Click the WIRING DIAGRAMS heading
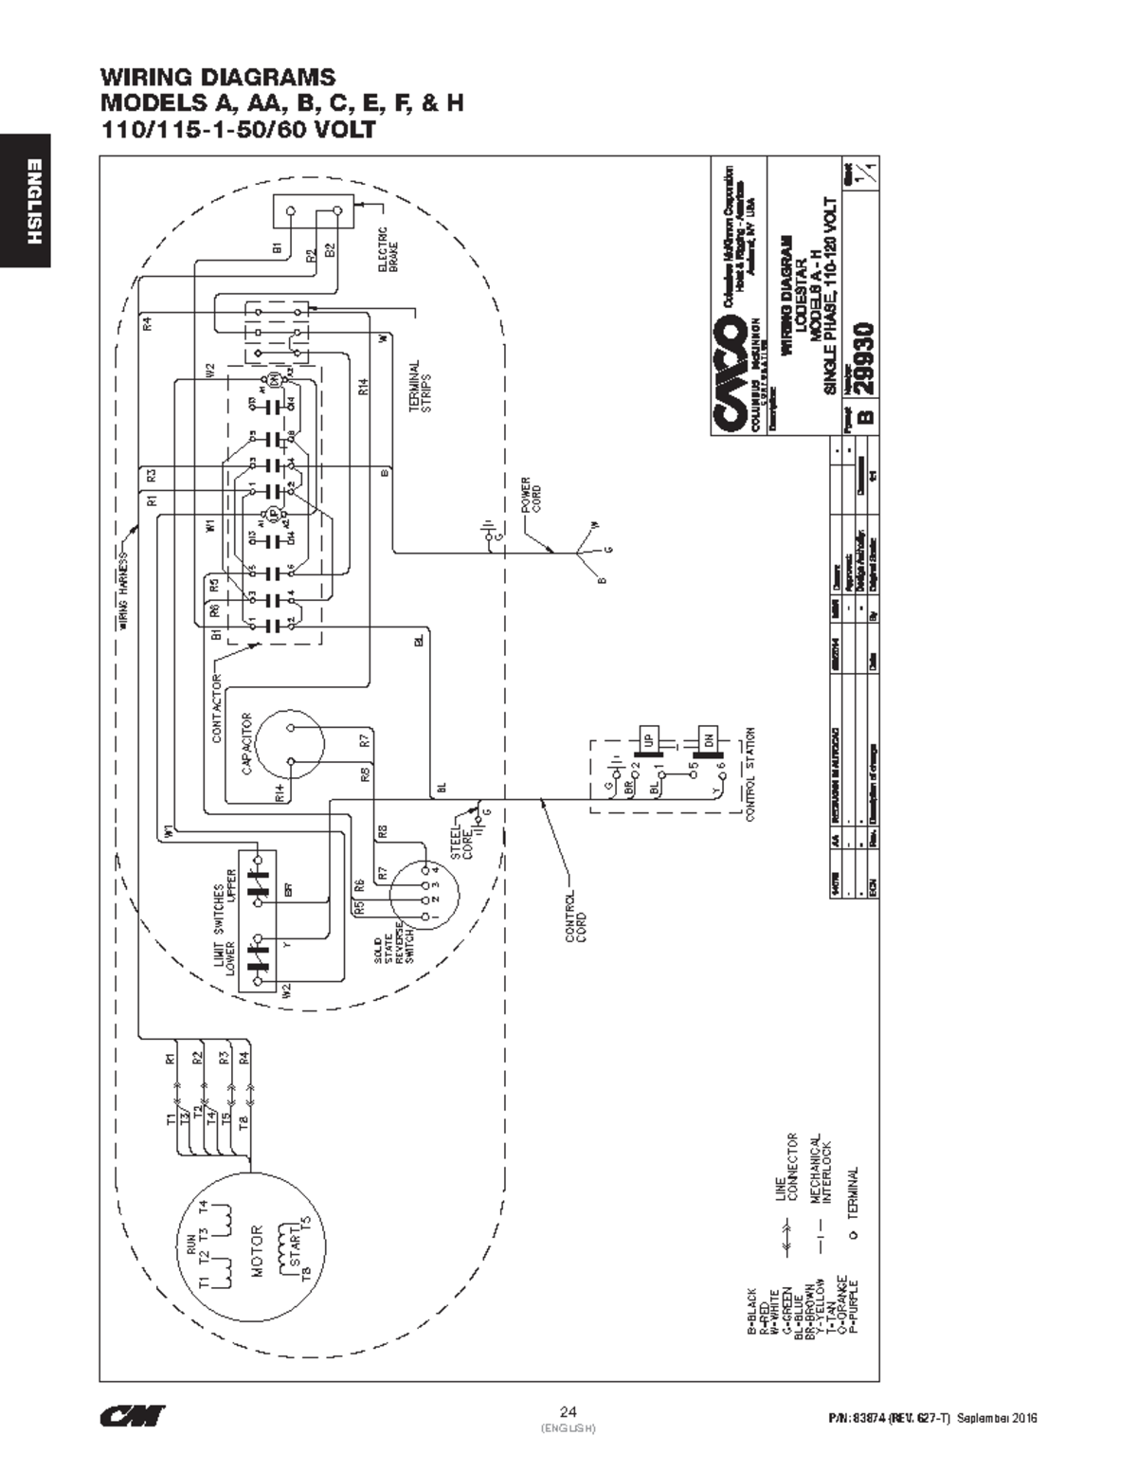(218, 77)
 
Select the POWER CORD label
(532, 498)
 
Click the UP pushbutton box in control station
(649, 738)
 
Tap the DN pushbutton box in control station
(706, 738)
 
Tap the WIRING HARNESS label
(123, 592)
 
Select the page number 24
(568, 1409)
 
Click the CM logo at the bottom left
(133, 1415)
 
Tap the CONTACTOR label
(217, 708)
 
